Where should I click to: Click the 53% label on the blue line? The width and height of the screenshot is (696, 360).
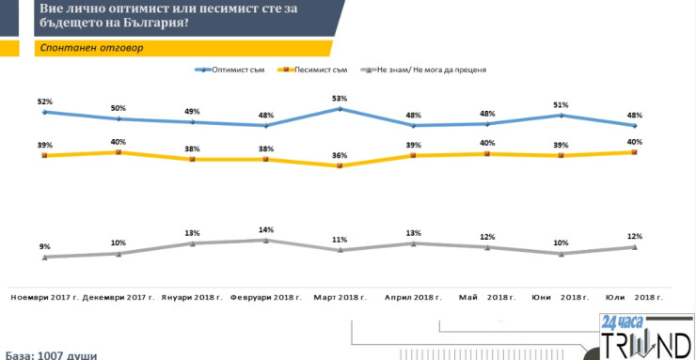(340, 98)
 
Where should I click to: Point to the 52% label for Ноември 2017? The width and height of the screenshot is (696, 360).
(44, 101)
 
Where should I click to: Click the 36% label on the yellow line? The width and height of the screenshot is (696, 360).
(340, 156)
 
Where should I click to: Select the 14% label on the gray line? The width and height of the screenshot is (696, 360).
(266, 228)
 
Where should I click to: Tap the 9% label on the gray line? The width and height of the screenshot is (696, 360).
(44, 246)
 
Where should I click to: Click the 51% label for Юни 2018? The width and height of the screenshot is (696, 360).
(561, 104)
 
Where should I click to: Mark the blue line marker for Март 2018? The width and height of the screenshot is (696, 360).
(340, 109)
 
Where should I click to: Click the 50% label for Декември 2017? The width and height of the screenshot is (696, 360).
(119, 108)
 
